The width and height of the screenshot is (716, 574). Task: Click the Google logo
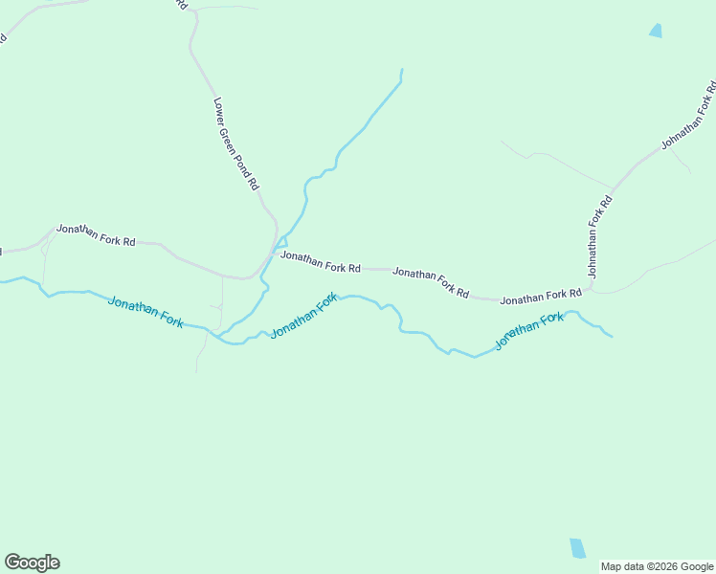tap(32, 563)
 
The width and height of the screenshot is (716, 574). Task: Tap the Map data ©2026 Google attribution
tap(657, 566)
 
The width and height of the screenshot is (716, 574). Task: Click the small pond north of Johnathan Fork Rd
tap(656, 31)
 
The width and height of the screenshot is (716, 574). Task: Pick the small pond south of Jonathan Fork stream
tap(577, 548)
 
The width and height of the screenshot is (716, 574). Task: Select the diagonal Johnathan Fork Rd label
tap(688, 117)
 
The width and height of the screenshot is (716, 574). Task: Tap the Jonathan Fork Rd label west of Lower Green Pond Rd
tap(96, 234)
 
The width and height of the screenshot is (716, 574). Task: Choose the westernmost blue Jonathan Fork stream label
tap(145, 313)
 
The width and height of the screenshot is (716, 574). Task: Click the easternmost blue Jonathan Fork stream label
tap(528, 330)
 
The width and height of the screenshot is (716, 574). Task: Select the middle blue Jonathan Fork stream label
tap(303, 317)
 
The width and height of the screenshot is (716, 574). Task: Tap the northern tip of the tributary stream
tap(401, 70)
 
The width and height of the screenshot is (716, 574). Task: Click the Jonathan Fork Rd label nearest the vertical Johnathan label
tap(541, 298)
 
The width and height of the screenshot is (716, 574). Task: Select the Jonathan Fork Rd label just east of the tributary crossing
tap(320, 262)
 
